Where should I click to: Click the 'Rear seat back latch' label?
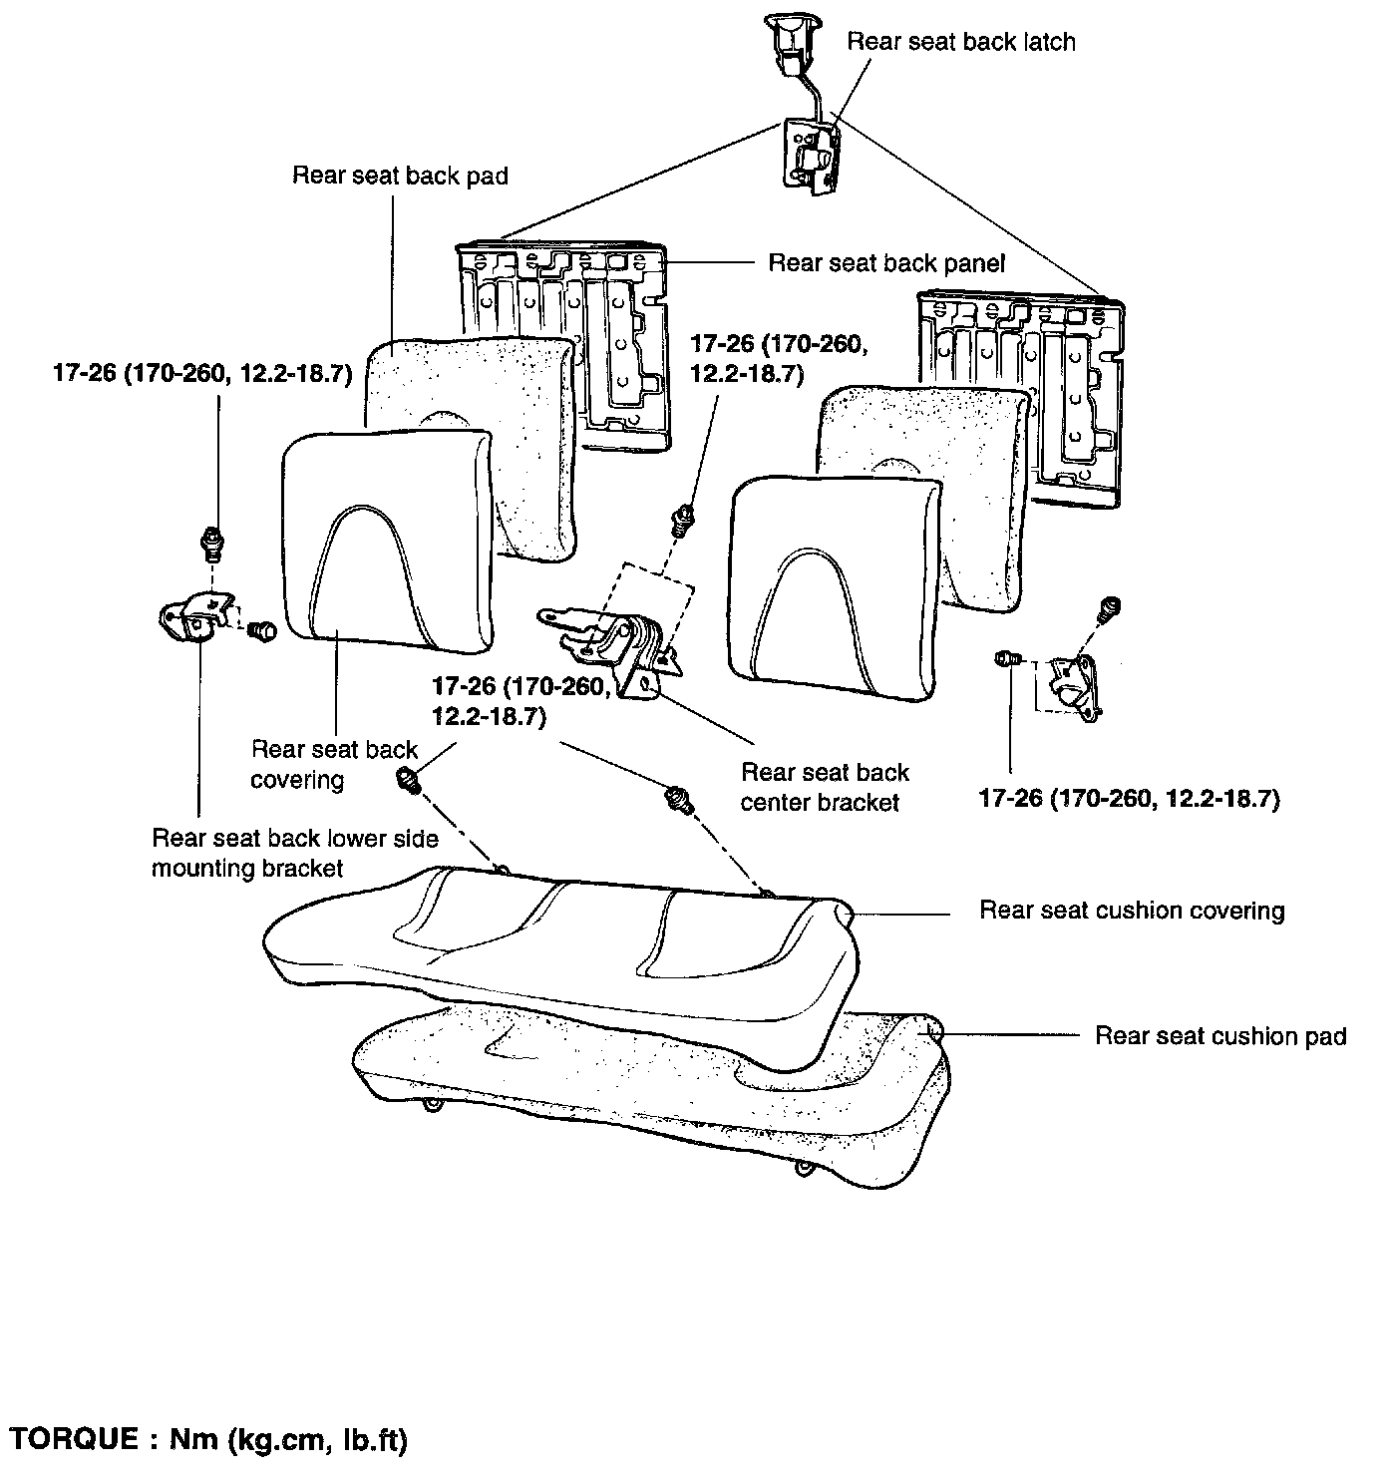pos(960,42)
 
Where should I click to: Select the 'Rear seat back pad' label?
pos(400,177)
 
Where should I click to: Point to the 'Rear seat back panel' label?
pos(886,263)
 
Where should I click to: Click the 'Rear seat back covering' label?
pos(333,764)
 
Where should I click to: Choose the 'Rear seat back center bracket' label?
pos(825,787)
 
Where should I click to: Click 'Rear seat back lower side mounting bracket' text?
pos(294,853)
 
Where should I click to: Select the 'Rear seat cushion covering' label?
pos(1132,911)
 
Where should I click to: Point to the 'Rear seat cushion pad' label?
pos(1220,1036)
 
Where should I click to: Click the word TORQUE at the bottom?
pos(75,1440)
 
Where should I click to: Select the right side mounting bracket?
pos(1073,684)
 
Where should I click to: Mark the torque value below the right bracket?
pos(1129,799)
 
